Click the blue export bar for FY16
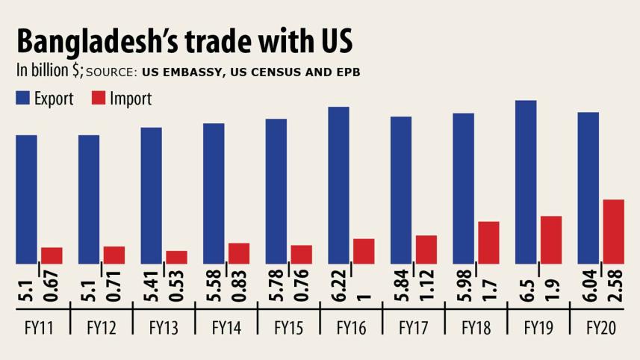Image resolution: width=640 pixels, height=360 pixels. (338, 185)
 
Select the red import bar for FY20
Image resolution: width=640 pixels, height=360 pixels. (612, 232)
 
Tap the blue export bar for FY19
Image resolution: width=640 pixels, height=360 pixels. (526, 182)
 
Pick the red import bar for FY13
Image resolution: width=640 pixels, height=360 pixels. (176, 257)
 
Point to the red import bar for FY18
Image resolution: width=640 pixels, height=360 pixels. (488, 243)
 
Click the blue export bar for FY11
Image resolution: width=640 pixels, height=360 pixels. (26, 199)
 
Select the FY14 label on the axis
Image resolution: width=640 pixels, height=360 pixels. (226, 327)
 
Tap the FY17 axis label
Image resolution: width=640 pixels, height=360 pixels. (413, 327)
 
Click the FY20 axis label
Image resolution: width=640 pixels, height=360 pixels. (600, 327)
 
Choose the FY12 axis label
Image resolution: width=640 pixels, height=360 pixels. (102, 327)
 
